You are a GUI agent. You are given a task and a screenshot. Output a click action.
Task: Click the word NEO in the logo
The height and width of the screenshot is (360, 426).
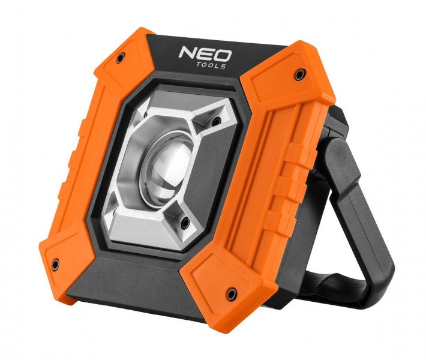tap(203, 55)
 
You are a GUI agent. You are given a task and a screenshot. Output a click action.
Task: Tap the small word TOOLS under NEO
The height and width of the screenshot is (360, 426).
tap(213, 66)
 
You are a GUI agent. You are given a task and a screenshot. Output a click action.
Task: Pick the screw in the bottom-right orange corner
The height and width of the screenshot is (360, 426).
tap(230, 292)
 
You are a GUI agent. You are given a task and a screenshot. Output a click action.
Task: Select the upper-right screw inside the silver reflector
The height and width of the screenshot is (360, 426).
tap(212, 124)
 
